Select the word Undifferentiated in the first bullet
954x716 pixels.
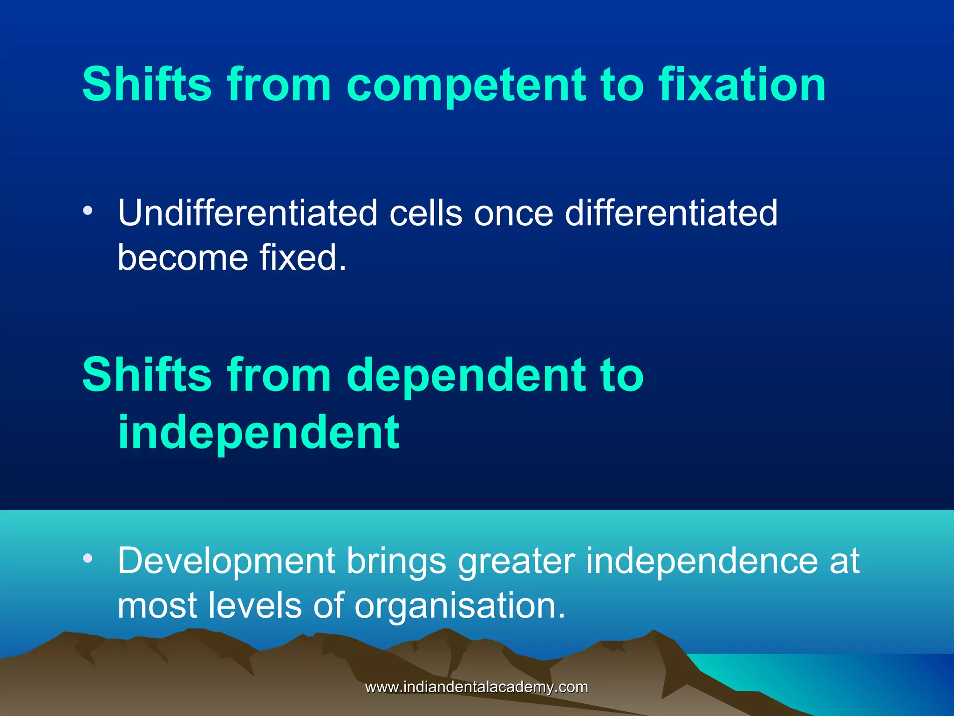tap(247, 213)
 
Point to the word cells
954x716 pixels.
tap(426, 213)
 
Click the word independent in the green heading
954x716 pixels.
tap(259, 433)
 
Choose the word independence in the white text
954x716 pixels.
tap(702, 561)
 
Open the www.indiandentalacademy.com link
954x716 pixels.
tap(476, 687)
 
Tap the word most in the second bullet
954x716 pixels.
tap(157, 606)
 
